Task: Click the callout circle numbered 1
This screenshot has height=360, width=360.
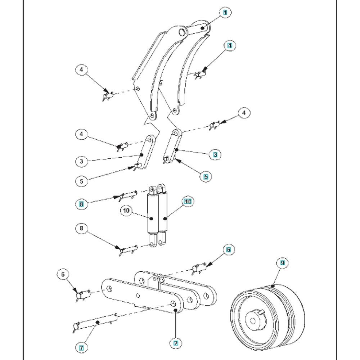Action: click(x=225, y=12)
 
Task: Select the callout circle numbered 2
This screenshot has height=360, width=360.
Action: click(x=176, y=343)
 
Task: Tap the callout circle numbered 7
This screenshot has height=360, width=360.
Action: click(x=81, y=348)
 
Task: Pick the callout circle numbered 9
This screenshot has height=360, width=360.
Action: click(x=283, y=263)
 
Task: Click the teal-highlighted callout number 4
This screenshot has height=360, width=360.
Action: click(x=230, y=45)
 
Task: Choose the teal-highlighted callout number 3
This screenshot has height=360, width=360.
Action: click(x=215, y=154)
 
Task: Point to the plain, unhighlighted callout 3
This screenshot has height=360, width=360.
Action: click(x=81, y=161)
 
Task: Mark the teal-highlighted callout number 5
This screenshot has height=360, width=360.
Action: click(x=206, y=176)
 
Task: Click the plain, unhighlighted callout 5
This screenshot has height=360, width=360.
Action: click(x=81, y=181)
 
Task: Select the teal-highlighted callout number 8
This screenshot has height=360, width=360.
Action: click(x=81, y=204)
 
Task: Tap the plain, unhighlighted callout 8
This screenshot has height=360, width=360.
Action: click(x=81, y=228)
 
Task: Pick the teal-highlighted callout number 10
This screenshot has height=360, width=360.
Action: click(x=188, y=202)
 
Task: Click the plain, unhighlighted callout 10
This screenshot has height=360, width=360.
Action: click(x=126, y=211)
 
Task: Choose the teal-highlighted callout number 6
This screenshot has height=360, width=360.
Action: click(x=229, y=249)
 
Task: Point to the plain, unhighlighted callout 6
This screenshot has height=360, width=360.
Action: click(x=63, y=274)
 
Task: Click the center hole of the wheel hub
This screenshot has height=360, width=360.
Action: click(x=253, y=321)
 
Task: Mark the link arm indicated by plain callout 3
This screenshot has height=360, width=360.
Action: click(x=147, y=152)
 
